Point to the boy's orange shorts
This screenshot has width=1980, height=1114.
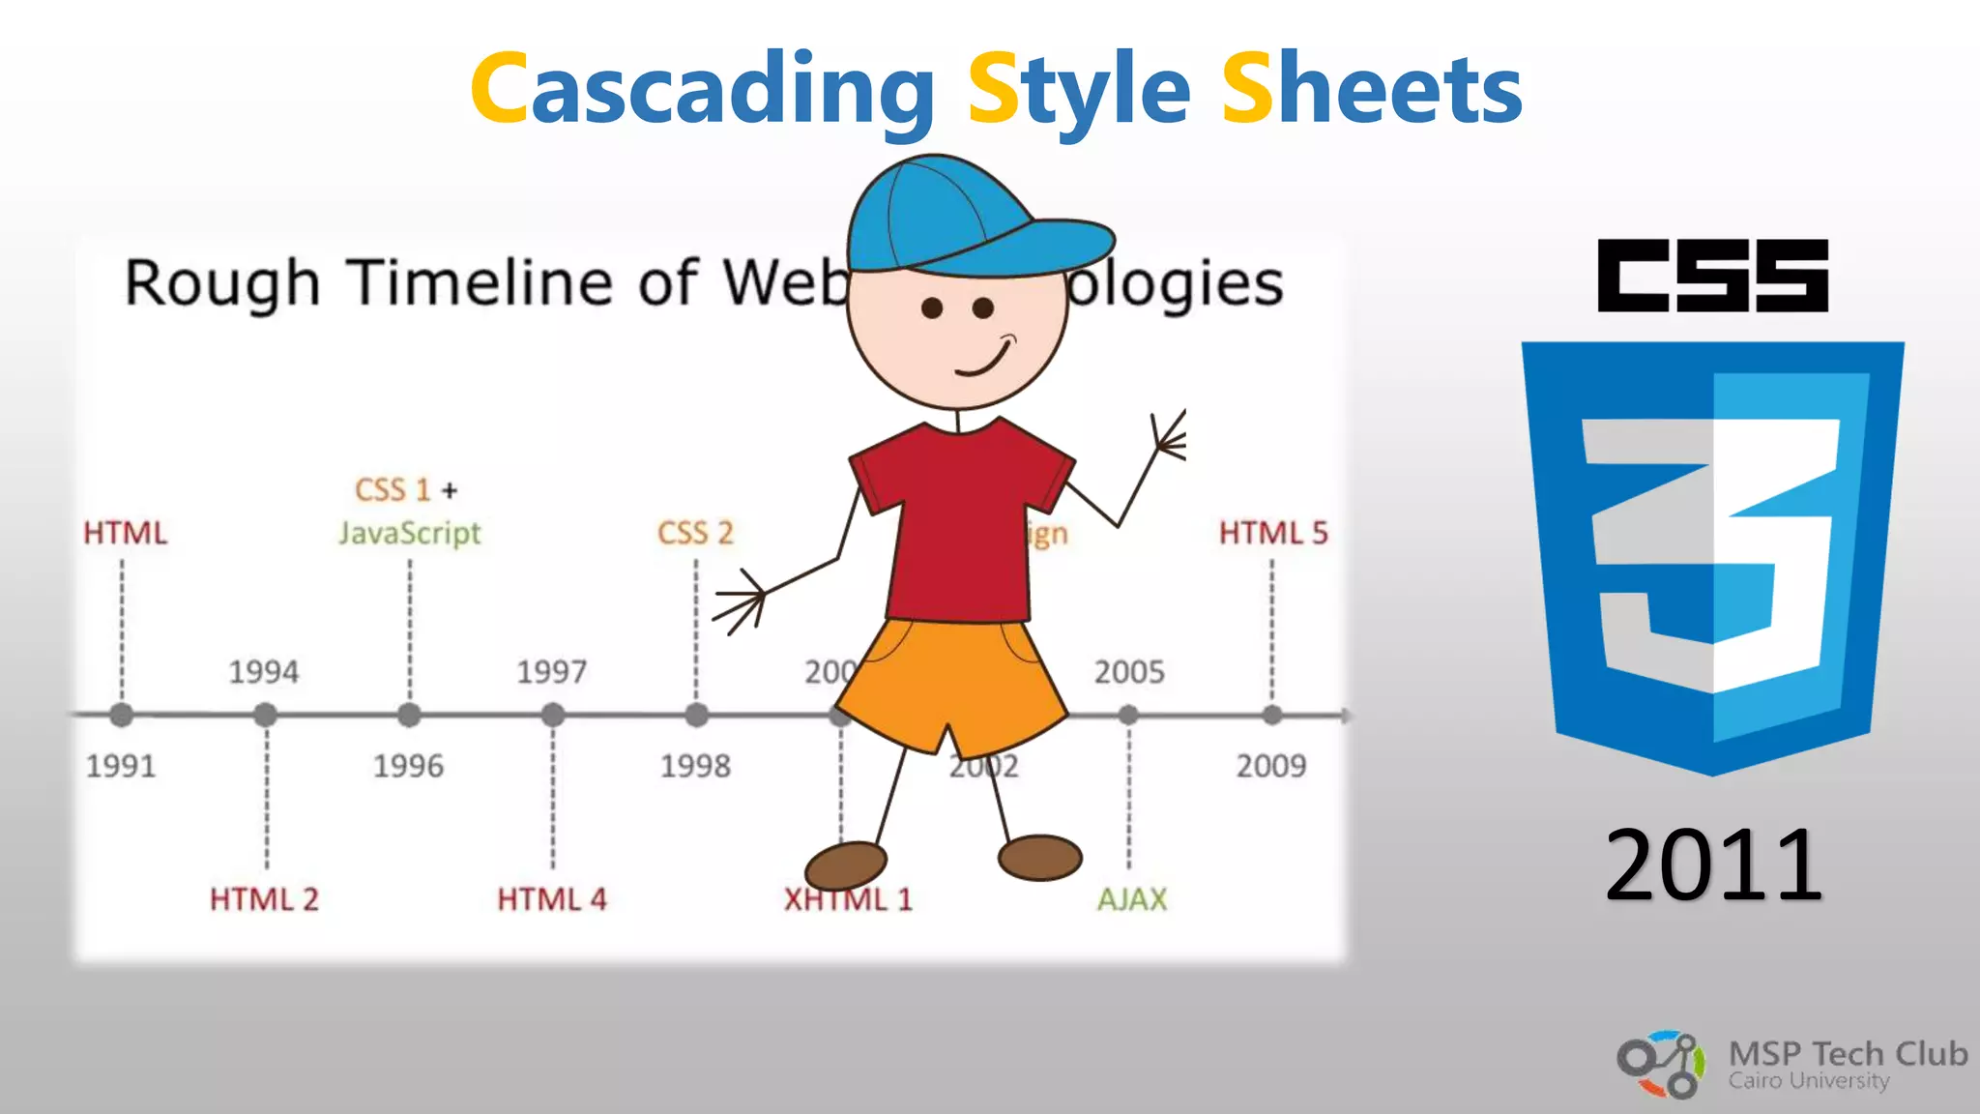pos(952,682)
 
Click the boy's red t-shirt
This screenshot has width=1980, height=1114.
pos(962,522)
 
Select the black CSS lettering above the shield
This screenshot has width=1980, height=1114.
pos(1712,277)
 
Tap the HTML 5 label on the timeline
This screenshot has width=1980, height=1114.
pos(1272,533)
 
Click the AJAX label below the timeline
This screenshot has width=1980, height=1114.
pos(1131,899)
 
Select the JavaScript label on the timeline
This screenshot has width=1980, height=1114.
pos(409,533)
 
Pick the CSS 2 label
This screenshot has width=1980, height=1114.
pos(695,533)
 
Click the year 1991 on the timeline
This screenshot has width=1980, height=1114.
pos(121,766)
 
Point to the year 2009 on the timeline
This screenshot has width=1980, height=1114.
pos(1270,766)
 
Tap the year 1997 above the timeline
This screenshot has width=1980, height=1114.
pos(551,672)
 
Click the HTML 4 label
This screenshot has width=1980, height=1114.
pos(551,899)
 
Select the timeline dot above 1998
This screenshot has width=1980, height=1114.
pos(696,716)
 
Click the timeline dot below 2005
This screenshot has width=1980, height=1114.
pos(1128,716)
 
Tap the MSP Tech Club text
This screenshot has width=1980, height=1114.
pos(1847,1053)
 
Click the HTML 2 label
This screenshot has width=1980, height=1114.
pos(264,899)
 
